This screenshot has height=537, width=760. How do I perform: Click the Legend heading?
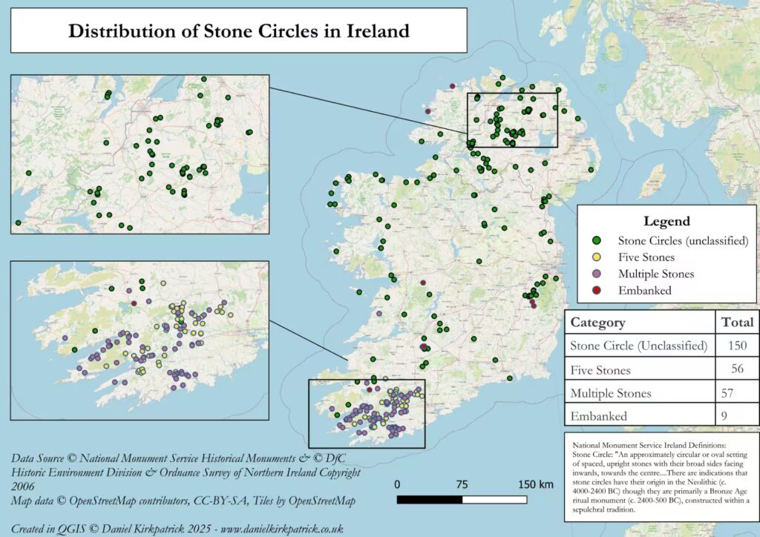click(x=666, y=221)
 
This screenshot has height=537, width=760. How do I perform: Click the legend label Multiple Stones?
click(x=656, y=274)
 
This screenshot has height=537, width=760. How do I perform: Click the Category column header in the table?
click(x=597, y=323)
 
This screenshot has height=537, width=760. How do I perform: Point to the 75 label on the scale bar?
click(x=462, y=484)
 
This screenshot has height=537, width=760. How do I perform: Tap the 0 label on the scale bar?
click(x=398, y=484)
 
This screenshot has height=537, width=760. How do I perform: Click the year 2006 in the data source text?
click(x=26, y=487)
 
